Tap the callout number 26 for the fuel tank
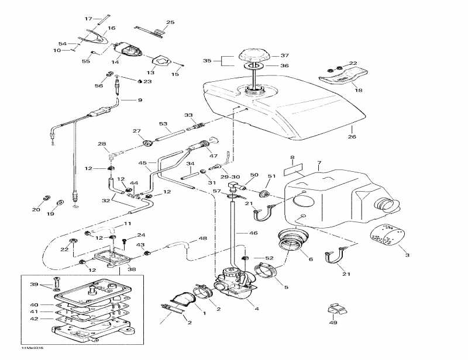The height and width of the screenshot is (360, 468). click(352, 137)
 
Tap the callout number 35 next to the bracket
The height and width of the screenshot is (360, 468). click(207, 60)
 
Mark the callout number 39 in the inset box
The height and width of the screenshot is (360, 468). click(33, 284)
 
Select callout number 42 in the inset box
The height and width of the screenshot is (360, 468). click(35, 319)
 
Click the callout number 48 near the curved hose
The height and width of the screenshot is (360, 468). click(202, 238)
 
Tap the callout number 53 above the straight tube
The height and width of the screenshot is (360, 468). click(163, 123)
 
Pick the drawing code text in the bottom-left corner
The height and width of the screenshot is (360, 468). click(17, 348)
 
